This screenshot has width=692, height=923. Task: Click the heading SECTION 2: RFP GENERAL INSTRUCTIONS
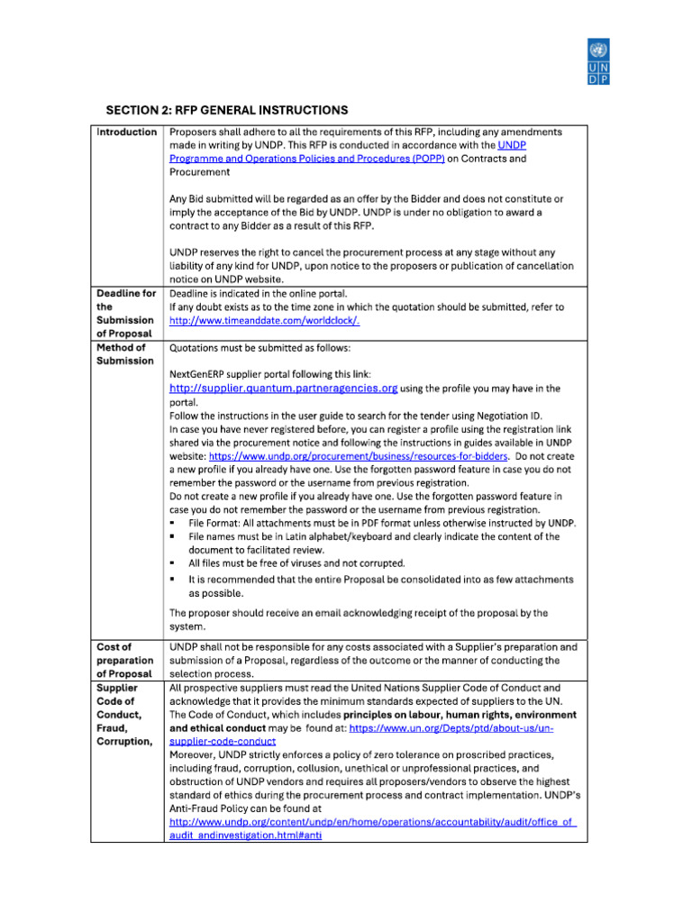tap(226, 110)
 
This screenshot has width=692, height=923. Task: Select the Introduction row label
tap(126, 133)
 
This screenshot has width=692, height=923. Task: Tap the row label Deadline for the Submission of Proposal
tap(126, 313)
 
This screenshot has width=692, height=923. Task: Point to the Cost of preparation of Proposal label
tap(126, 660)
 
